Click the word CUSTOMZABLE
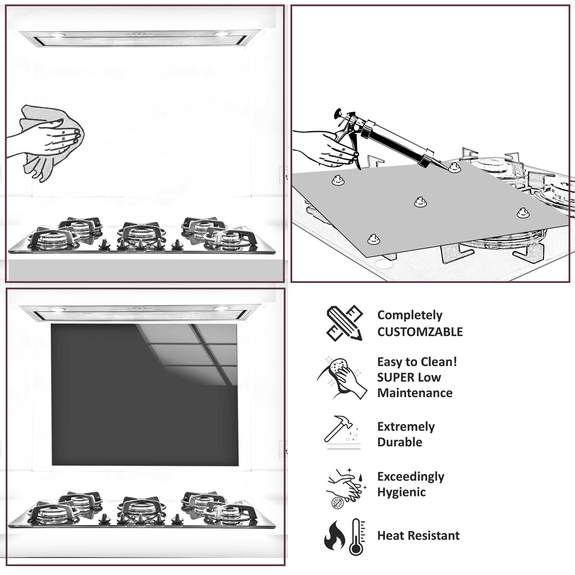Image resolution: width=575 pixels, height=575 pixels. tap(420, 332)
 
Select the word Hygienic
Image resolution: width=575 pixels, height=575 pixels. tap(401, 492)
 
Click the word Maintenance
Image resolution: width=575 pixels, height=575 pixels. tap(415, 393)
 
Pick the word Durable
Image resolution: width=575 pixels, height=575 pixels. tap(400, 442)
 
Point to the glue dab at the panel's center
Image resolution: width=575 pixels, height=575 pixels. tap(420, 202)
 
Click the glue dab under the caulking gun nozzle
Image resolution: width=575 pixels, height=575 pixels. tap(455, 168)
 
